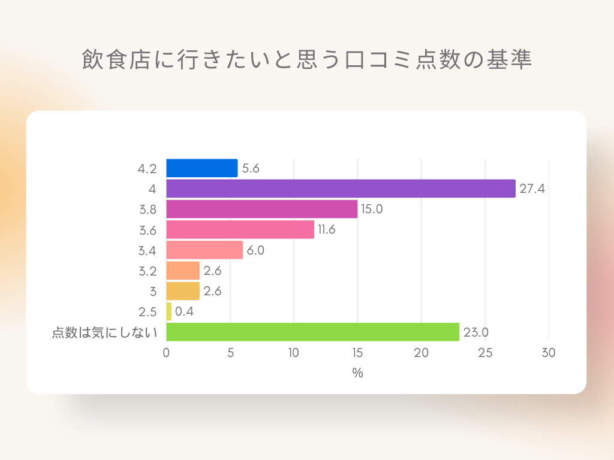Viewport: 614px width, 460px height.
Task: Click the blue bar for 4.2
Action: coord(201,168)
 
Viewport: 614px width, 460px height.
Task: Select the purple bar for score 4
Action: coord(341,189)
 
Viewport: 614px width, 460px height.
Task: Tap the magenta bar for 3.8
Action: coord(261,209)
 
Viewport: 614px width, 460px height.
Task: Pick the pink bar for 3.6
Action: coord(240,229)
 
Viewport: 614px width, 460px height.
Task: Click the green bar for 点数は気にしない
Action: coord(312,332)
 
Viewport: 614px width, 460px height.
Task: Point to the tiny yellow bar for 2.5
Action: coord(168,311)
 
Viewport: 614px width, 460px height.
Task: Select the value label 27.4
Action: coord(532,189)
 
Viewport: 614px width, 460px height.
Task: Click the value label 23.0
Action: coord(475,332)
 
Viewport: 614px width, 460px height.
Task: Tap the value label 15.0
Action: coord(372,209)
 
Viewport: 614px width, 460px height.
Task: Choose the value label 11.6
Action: coord(327,229)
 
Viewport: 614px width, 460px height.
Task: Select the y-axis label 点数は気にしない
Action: coord(104,332)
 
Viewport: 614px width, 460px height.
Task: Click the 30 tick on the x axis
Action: coord(549,353)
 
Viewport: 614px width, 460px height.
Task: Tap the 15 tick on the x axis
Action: coord(357,353)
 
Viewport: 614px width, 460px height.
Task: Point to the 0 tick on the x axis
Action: coord(166,353)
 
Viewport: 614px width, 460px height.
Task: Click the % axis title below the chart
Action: coord(357,373)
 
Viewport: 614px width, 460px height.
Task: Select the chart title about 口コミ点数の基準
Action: coord(307,60)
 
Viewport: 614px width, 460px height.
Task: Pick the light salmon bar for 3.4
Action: coord(204,250)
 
